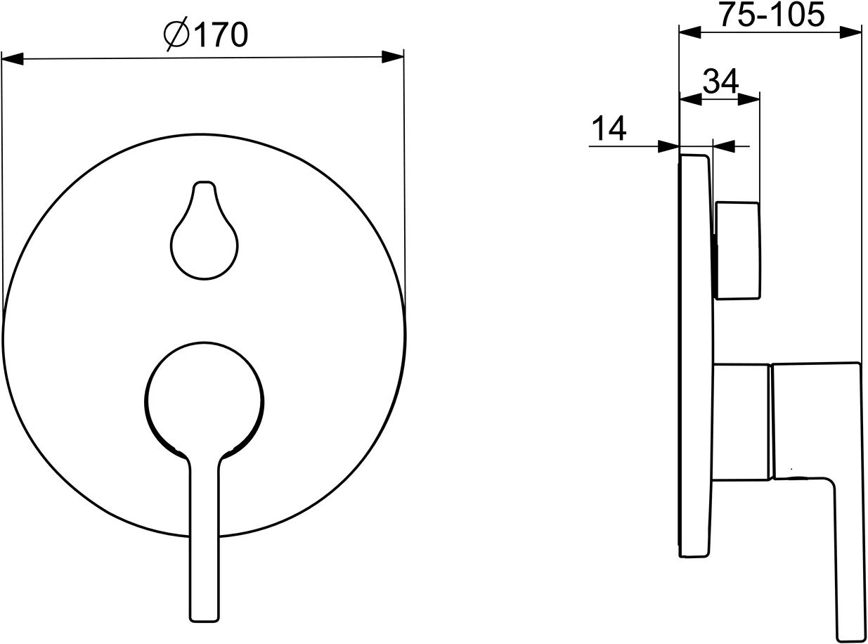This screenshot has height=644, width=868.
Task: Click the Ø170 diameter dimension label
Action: [206, 34]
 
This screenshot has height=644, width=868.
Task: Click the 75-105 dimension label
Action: [772, 15]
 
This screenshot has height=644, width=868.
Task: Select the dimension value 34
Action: [720, 81]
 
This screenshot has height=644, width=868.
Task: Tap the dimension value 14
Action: [609, 128]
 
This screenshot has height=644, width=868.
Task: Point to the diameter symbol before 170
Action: [176, 34]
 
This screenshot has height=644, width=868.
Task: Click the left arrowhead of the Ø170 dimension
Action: [13, 59]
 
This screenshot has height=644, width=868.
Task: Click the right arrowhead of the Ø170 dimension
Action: [392, 57]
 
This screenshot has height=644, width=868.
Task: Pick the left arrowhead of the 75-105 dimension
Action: [690, 32]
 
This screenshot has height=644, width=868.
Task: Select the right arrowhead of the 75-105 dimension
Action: [850, 32]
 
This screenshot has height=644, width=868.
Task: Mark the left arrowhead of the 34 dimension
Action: [691, 99]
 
